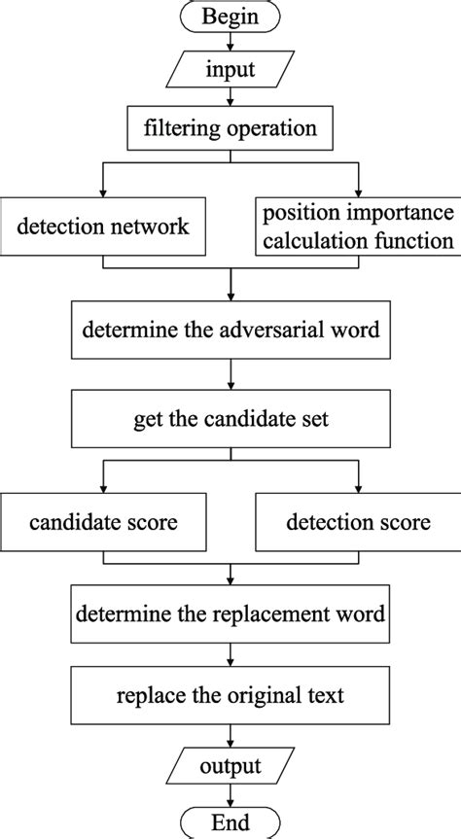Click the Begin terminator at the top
click(230, 17)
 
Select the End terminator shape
click(230, 822)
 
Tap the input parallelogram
click(230, 70)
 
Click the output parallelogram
click(230, 767)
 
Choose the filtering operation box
click(230, 126)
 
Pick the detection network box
click(102, 227)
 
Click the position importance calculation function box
click(358, 227)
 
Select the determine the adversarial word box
click(230, 332)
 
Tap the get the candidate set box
click(230, 421)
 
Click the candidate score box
click(102, 522)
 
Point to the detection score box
click(358, 522)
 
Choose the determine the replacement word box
click(230, 614)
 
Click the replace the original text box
click(230, 696)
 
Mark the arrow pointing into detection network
click(102, 181)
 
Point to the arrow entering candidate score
click(102, 476)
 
